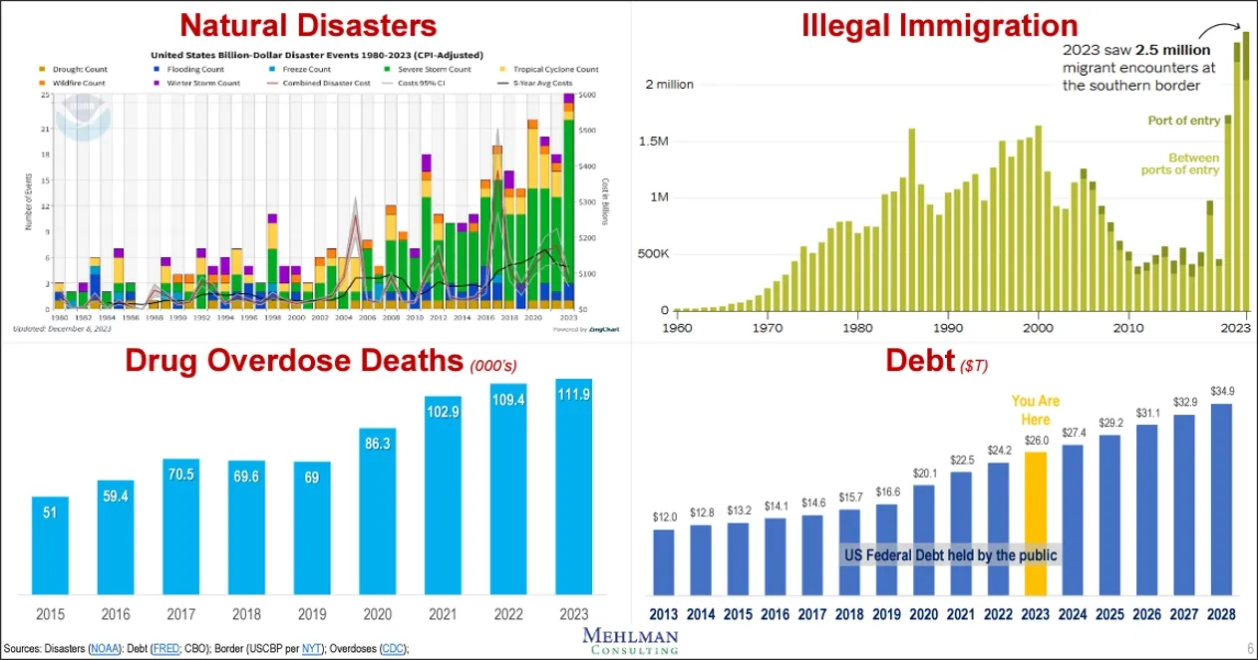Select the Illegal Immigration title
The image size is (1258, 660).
tap(940, 24)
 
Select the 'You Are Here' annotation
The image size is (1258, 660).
tap(1036, 410)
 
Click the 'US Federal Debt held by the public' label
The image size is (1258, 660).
tap(949, 555)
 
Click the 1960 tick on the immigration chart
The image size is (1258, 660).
tap(677, 327)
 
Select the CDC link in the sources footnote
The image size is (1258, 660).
tap(392, 649)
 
